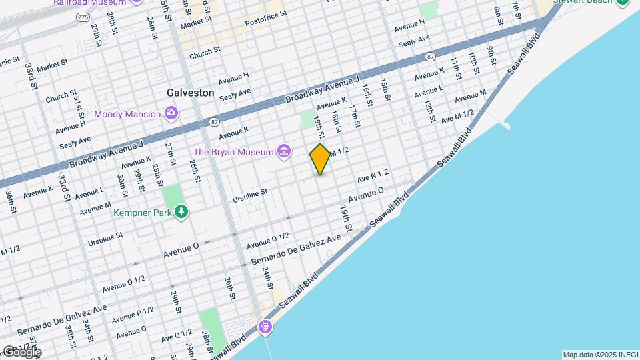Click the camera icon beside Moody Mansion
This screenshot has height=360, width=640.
pyautogui.click(x=171, y=114)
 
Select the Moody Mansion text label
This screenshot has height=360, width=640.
pyautogui.click(x=127, y=114)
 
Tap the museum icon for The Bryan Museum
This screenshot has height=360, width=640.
pyautogui.click(x=284, y=152)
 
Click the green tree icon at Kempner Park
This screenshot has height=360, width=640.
pyautogui.click(x=181, y=212)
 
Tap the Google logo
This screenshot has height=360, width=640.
pyautogui.click(x=22, y=352)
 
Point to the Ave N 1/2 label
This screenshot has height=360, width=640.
pyautogui.click(x=373, y=176)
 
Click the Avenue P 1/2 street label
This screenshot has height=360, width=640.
pyautogui.click(x=133, y=314)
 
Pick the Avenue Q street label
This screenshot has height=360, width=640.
pyautogui.click(x=130, y=331)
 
